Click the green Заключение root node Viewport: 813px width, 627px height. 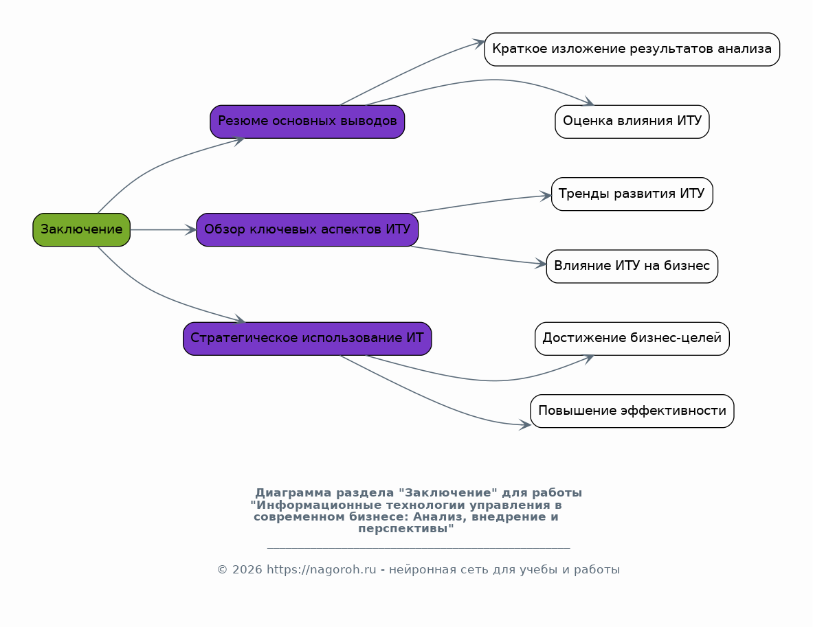coord(81,229)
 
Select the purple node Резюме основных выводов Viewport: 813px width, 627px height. coord(307,122)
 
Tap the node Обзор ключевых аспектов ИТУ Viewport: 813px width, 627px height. coord(307,229)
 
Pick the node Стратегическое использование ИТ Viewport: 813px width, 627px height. coord(307,339)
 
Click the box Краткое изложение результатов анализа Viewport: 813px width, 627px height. coord(632,49)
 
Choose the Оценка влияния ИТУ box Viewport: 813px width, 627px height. coord(632,122)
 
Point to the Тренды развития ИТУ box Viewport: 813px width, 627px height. coord(632,194)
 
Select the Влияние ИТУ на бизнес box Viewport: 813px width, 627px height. coord(632,266)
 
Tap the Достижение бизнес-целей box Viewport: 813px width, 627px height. coord(632,339)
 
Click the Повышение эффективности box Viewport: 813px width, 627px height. coord(632,411)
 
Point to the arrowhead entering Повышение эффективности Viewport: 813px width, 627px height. coord(525,424)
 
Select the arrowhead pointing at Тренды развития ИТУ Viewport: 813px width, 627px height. coord(546,196)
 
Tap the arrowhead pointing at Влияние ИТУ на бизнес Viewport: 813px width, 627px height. coord(541,264)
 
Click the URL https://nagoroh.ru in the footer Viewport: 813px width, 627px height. coord(321,570)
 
